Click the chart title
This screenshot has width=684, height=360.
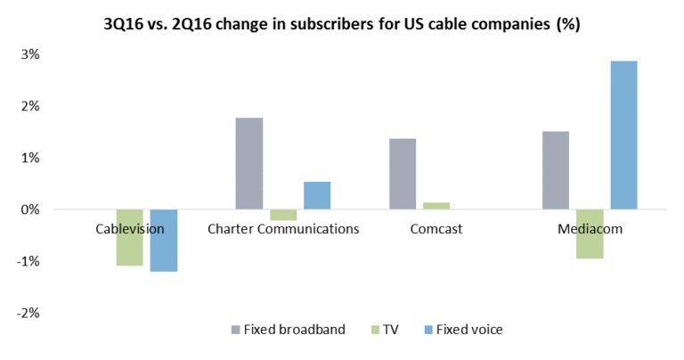[342, 24]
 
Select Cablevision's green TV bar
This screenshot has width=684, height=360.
[130, 237]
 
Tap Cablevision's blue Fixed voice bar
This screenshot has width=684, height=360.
[163, 240]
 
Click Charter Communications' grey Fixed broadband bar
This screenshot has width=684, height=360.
[249, 163]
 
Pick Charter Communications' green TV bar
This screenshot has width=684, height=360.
[283, 215]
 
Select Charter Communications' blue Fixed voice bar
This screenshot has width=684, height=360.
[316, 195]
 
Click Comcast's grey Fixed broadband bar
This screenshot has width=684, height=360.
[403, 174]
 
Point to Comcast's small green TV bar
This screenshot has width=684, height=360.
[436, 206]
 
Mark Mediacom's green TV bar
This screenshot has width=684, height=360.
[590, 233]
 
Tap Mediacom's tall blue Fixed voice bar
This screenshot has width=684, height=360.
[623, 135]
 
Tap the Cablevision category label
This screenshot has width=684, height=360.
[130, 229]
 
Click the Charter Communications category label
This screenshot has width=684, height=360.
[283, 229]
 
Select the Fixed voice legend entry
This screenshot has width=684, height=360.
[462, 330]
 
